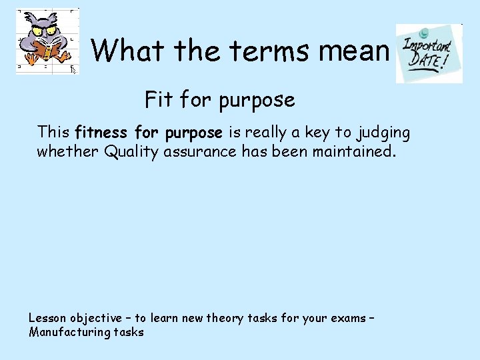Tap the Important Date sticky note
[429, 53]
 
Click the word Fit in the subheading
[159, 100]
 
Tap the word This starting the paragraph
[54, 132]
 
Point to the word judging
[384, 133]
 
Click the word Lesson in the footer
[47, 318]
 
